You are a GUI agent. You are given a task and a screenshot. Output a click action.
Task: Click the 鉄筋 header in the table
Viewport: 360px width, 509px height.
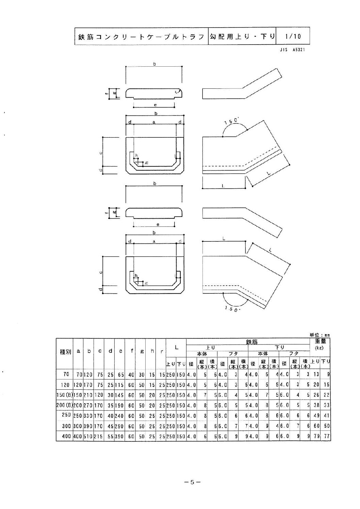point(251,341)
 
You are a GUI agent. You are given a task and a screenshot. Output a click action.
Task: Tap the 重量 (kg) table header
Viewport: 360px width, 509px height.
point(320,344)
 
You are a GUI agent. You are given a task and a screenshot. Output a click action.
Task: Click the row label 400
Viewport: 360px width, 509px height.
point(66,436)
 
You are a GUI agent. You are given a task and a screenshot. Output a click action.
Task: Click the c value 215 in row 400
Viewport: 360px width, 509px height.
point(98,436)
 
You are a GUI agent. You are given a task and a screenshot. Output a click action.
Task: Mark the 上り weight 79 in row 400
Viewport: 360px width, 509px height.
point(316,436)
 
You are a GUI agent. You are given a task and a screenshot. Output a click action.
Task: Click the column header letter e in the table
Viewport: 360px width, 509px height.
point(120,352)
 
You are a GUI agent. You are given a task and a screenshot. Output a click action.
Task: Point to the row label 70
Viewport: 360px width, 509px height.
point(66,374)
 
